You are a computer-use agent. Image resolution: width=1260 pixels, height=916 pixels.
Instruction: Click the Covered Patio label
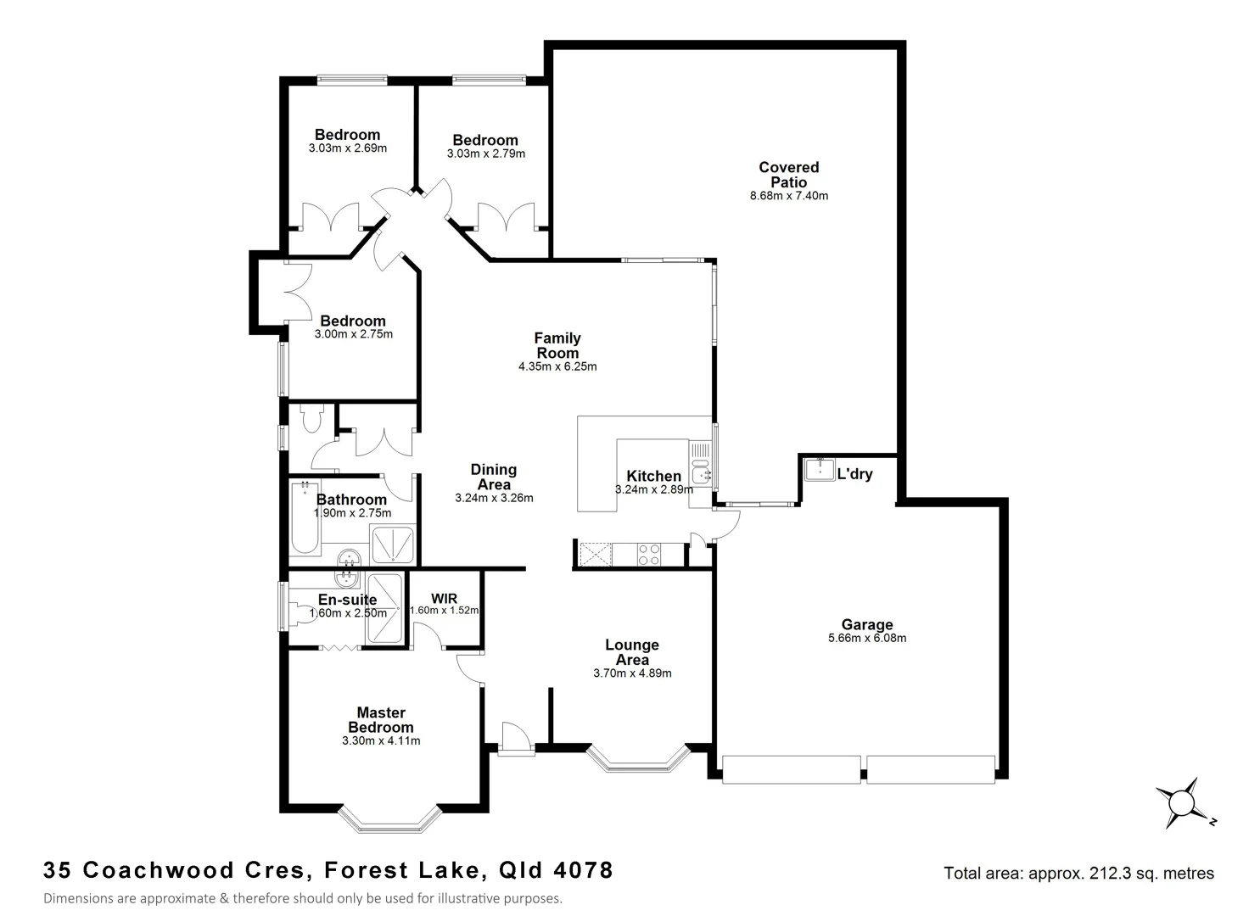coord(788,175)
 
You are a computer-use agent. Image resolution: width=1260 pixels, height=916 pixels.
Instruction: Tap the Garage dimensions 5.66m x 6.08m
coord(866,639)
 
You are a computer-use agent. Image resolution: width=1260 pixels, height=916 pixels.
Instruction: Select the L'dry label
coord(854,474)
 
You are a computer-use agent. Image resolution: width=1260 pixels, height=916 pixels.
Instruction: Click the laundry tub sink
coord(820,469)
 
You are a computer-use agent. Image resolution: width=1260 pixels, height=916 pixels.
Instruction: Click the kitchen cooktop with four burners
coord(649,555)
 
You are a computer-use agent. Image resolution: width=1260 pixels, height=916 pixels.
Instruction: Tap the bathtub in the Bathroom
coord(304,519)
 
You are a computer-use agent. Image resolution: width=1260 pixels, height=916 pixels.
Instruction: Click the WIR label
coord(444,599)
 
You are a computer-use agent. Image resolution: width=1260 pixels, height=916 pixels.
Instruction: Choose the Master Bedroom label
coord(381,720)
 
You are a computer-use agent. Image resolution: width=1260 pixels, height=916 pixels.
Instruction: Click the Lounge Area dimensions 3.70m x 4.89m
coord(632,673)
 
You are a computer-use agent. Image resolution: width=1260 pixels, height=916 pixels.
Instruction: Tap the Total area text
coord(1078,873)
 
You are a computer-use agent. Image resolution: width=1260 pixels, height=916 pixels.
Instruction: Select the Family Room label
coord(557,345)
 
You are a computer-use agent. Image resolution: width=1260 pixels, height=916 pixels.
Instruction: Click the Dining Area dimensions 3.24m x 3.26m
coord(494,499)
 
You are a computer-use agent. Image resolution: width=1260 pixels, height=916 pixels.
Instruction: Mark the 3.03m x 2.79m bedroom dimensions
coord(485,154)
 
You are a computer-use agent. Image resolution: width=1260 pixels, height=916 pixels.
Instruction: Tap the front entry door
coord(514,737)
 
